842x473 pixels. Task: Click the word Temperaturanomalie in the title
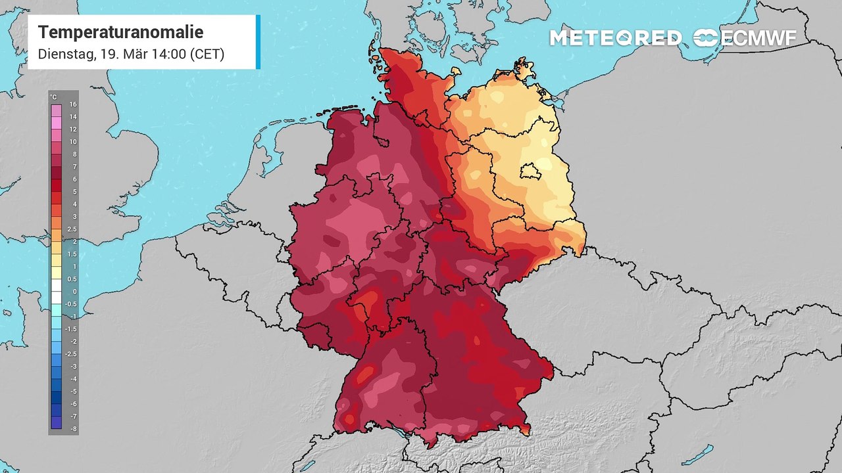pyautogui.click(x=120, y=32)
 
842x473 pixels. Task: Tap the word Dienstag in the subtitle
pyautogui.click(x=65, y=54)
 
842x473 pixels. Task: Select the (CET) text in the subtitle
pyautogui.click(x=207, y=54)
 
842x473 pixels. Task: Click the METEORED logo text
pyautogui.click(x=615, y=38)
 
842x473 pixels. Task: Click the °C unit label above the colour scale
pyautogui.click(x=53, y=97)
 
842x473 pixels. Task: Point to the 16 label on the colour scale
pyautogui.click(x=73, y=104)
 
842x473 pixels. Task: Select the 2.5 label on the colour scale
pyautogui.click(x=73, y=229)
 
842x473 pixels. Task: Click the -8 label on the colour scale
pyautogui.click(x=73, y=428)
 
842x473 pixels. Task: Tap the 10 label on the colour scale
pyautogui.click(x=73, y=142)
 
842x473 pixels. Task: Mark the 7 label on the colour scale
pyautogui.click(x=73, y=167)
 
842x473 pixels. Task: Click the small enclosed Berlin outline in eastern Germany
pyautogui.click(x=529, y=173)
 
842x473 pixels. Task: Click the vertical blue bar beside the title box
pyautogui.click(x=258, y=42)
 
